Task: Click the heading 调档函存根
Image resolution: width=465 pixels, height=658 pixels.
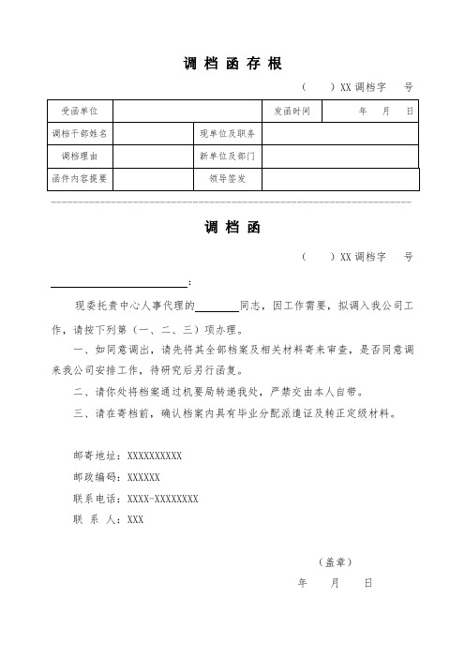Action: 229,63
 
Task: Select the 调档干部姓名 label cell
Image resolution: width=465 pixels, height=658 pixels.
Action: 84,134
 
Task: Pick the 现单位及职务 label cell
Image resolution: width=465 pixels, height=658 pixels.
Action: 228,134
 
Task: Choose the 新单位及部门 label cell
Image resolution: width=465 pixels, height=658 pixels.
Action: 228,156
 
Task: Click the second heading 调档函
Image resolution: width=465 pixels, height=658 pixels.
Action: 230,228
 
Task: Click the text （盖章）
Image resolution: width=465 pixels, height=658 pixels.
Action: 335,562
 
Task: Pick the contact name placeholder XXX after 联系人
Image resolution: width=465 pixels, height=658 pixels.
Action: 135,519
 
